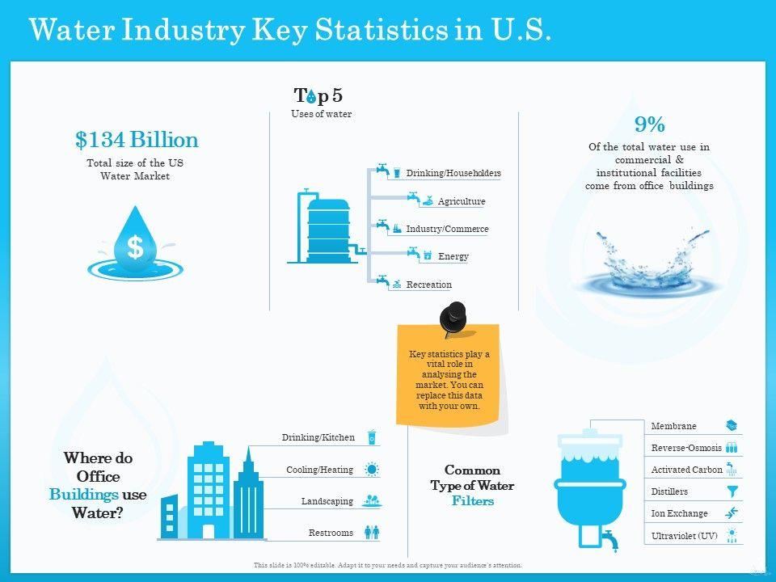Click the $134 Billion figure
[137, 140]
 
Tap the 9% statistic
[649, 124]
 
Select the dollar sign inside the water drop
[135, 247]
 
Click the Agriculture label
[461, 201]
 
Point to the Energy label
[453, 256]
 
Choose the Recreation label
[428, 285]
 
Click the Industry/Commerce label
[447, 229]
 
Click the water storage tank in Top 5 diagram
[328, 229]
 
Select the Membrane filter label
[673, 426]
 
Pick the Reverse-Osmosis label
[686, 447]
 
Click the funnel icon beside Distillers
[732, 491]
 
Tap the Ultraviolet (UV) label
[684, 535]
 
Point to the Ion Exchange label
[679, 513]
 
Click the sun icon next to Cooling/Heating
[372, 470]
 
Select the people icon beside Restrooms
[372, 533]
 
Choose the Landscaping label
[327, 501]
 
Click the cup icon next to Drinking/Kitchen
[372, 437]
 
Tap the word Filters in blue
[472, 501]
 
